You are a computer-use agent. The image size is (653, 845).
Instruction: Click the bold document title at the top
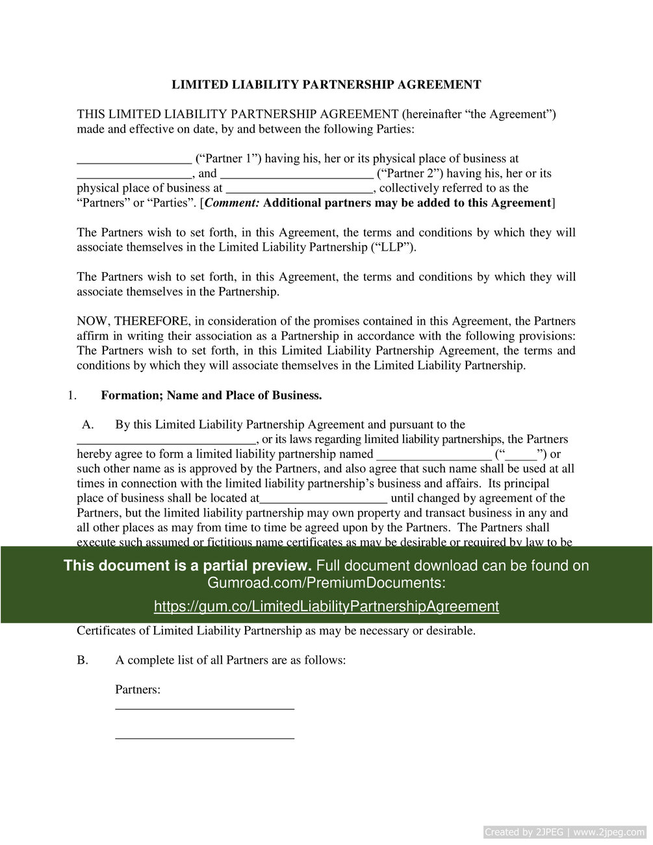326,84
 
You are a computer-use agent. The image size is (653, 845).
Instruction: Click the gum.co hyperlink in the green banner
326,607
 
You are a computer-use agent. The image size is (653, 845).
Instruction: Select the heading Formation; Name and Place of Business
211,396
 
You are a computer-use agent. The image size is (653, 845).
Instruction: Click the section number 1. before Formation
72,396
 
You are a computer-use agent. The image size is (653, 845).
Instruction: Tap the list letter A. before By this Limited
88,425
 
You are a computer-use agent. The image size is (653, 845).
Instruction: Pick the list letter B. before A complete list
83,661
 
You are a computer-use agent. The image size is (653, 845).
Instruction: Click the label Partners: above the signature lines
138,690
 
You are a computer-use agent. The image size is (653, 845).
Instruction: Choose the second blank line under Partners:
205,738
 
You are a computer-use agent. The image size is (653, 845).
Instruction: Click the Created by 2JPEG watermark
565,832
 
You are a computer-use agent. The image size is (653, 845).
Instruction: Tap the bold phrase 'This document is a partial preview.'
188,566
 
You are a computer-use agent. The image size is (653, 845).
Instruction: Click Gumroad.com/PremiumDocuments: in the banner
326,583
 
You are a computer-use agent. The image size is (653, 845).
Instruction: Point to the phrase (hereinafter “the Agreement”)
479,114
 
